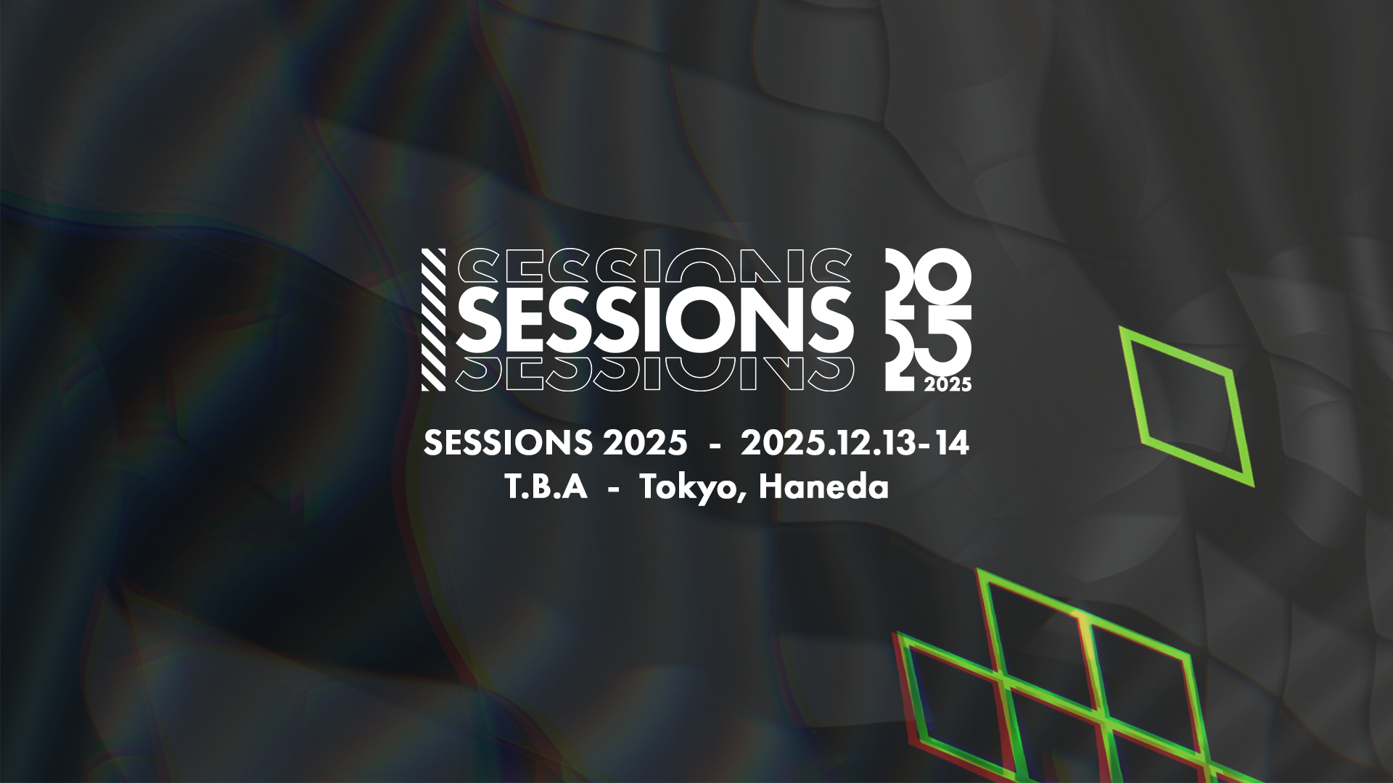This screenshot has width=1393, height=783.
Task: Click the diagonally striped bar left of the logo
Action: pyautogui.click(x=433, y=320)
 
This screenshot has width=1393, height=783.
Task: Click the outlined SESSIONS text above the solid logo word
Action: pyautogui.click(x=655, y=265)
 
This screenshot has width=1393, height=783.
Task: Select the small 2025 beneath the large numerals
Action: pyautogui.click(x=948, y=384)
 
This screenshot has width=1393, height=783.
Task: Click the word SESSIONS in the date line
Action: pyautogui.click(x=507, y=442)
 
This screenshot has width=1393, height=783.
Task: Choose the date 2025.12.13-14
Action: pyautogui.click(x=855, y=442)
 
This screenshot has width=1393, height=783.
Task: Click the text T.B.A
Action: pyautogui.click(x=546, y=487)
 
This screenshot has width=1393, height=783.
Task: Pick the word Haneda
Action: pyautogui.click(x=823, y=486)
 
